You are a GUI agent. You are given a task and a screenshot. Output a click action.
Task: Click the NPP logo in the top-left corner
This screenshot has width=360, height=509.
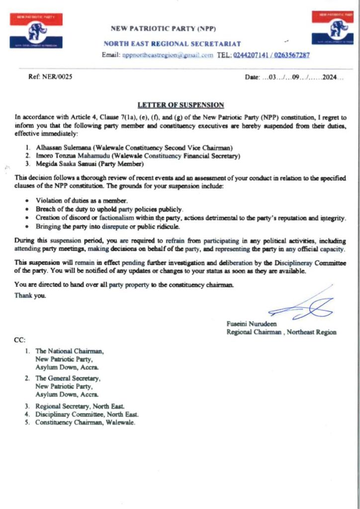pos(36,31)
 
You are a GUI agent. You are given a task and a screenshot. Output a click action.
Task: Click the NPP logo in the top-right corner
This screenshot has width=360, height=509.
pos(333,28)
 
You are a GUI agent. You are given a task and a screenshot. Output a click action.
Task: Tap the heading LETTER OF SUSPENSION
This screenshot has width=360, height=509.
pos(180,105)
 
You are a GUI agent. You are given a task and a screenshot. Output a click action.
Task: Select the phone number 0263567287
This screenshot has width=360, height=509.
pos(290,55)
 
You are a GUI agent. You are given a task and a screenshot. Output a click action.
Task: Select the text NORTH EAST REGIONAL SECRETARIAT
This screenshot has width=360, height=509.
pos(172,44)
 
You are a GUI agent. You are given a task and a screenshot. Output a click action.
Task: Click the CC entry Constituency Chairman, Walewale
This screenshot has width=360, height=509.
pos(85,423)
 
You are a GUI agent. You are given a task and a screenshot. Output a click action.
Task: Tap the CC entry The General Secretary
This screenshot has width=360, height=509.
pos(68,378)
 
